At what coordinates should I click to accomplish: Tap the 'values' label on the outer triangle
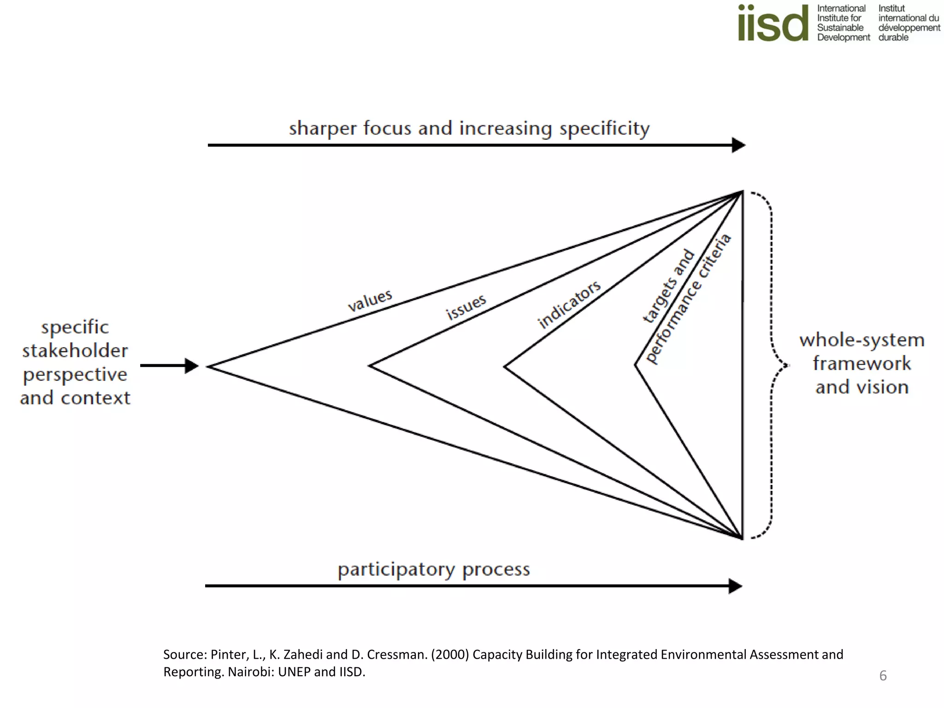(x=370, y=300)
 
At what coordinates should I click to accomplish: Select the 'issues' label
(x=466, y=307)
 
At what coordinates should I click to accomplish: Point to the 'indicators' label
(x=569, y=304)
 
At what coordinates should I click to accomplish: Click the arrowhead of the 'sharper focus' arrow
(x=739, y=145)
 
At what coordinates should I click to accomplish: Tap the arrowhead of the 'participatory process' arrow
(x=736, y=586)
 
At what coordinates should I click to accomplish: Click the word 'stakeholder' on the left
(x=75, y=351)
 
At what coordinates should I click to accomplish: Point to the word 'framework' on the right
(x=861, y=364)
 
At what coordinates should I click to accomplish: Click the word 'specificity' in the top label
(x=604, y=129)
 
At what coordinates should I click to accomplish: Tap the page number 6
(x=883, y=676)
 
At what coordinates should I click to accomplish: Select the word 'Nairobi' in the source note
(x=251, y=672)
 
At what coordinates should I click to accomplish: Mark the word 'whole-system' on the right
(x=861, y=340)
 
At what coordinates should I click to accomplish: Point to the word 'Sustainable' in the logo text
(x=840, y=28)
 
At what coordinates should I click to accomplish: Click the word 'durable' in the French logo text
(x=893, y=37)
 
